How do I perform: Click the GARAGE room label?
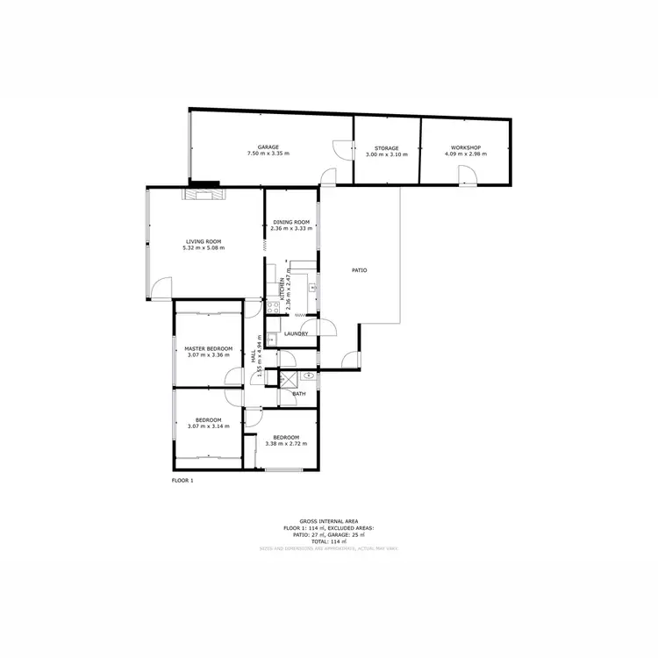pos(268,147)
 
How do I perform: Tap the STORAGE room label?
pos(386,148)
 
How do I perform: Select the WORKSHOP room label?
pos(465,147)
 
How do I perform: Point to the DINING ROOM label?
pos(291,222)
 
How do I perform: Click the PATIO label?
pos(359,269)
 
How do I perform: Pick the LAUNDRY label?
pos(295,333)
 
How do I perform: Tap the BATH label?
pos(299,394)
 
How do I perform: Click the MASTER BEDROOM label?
pos(208,348)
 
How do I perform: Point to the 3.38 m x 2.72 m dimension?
pos(286,444)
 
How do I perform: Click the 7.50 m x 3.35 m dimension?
pos(268,154)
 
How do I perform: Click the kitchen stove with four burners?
pos(272,308)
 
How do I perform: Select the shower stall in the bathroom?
pos(288,378)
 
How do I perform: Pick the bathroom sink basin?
pos(309,375)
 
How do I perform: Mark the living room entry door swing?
pos(161,288)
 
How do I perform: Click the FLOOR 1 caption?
pos(182,481)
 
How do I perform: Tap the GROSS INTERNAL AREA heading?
pos(328,521)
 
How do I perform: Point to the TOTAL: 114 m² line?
pos(328,541)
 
